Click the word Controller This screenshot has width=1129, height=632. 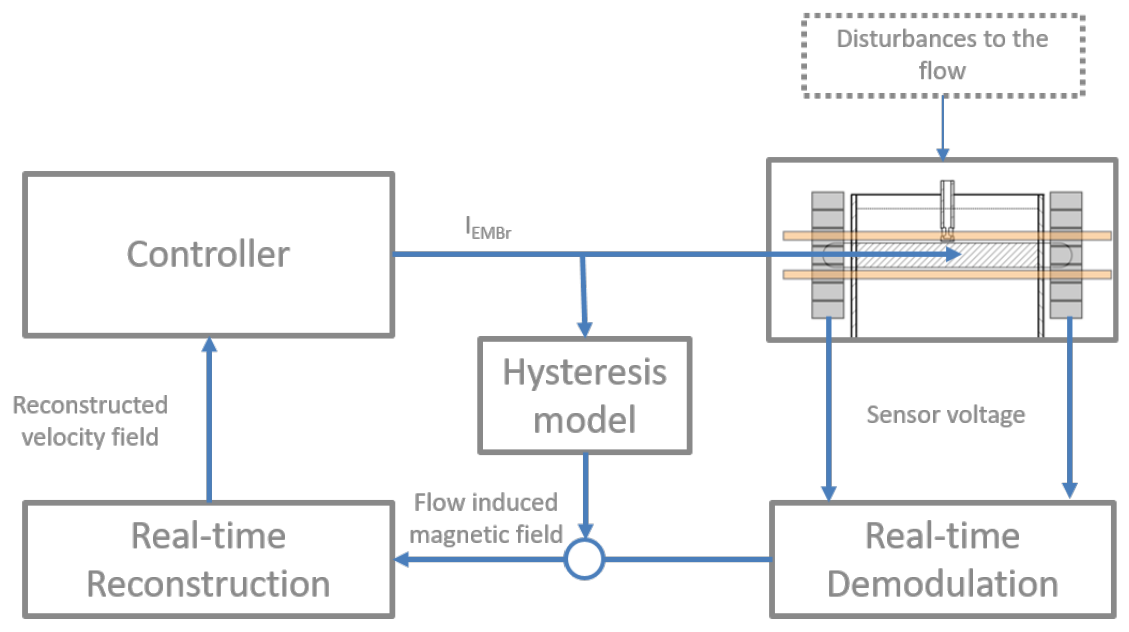208,254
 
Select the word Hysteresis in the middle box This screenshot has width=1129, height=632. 585,373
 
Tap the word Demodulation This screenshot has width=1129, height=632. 943,584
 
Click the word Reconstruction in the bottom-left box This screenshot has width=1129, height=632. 208,584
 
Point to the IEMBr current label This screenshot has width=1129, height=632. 488,228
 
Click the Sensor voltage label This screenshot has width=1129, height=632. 946,415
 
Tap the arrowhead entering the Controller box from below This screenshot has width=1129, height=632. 209,344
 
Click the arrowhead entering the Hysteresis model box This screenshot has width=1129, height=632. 585,329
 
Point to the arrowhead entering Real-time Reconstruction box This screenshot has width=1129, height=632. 402,559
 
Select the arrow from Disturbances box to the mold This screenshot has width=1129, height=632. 943,128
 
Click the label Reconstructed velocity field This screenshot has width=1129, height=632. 90,421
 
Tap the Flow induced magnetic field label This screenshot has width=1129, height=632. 486,518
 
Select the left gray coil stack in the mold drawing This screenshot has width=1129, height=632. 828,255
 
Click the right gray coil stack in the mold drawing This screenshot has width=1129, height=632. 1066,255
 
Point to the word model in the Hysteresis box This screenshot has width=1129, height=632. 585,419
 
